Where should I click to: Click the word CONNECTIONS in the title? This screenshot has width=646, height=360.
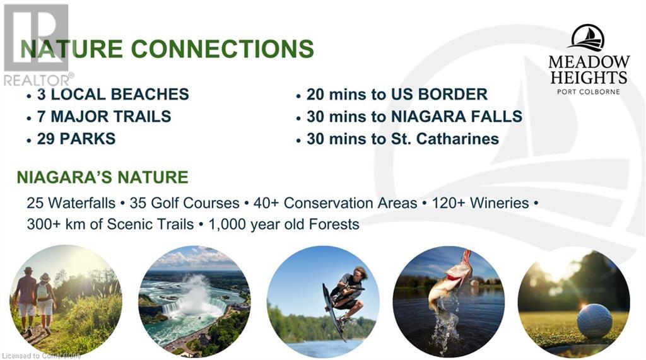(x=223, y=49)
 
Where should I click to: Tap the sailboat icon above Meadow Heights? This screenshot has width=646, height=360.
(x=588, y=38)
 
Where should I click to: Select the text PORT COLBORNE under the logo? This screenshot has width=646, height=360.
(x=589, y=91)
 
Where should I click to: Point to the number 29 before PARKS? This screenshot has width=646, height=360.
(x=45, y=139)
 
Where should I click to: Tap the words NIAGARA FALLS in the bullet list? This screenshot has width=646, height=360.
(x=457, y=117)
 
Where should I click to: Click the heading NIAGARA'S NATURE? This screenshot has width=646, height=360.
(x=103, y=177)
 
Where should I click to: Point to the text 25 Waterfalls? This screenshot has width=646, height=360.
(x=71, y=203)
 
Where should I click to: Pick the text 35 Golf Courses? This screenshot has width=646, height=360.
(x=184, y=203)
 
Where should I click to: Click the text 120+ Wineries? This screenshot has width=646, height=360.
(x=480, y=203)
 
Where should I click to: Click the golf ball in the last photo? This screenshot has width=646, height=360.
(x=594, y=320)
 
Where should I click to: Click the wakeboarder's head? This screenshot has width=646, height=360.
(x=359, y=274)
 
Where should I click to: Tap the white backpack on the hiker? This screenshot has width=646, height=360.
(x=42, y=292)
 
